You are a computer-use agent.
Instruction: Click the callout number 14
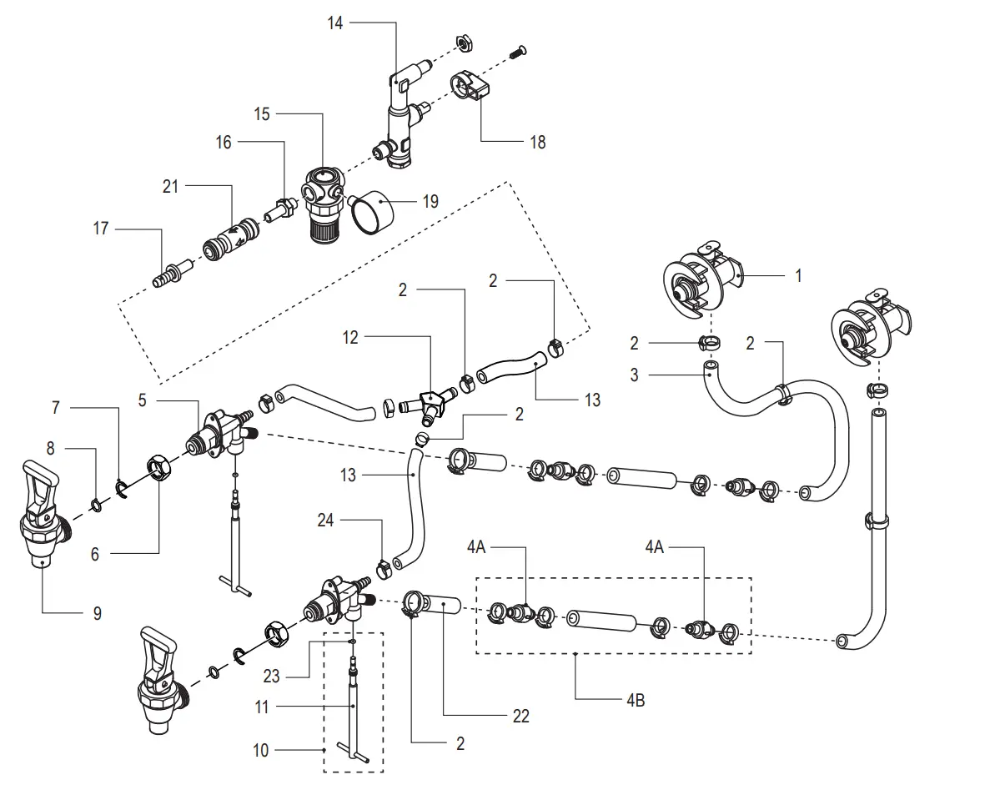[x=334, y=23]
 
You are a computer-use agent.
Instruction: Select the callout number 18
[x=538, y=143]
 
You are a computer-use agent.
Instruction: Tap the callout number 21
[x=170, y=188]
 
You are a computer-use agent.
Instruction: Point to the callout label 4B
[x=635, y=700]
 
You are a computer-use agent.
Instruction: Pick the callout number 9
[x=97, y=613]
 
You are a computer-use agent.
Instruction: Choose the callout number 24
[x=326, y=521]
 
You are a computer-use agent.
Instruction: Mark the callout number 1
[x=798, y=275]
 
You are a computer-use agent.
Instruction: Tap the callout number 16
[x=224, y=143]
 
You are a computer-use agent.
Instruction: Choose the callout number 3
[x=635, y=375]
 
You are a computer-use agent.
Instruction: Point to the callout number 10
[x=261, y=751]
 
